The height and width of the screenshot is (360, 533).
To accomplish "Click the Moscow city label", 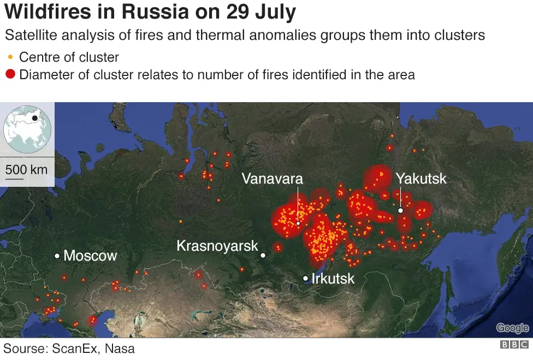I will pos(90,256).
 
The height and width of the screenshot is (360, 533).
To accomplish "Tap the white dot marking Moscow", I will pos(57,256).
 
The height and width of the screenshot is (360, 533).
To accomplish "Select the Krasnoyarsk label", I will pos(217,246).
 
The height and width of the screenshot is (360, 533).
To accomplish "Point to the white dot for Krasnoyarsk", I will pos(263,255).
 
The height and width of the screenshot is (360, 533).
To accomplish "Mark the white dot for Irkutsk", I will pos(306,279).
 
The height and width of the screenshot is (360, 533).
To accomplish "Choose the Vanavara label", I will pos(273,179).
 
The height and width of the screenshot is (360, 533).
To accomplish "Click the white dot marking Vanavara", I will pos(298,223).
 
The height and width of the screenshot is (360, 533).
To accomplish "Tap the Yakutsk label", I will pos(421,179).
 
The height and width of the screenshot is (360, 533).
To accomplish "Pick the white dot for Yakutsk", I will pos(400,210).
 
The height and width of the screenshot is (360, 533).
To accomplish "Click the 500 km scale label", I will pos(26,169).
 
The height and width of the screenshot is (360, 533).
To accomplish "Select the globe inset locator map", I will pos(27,129).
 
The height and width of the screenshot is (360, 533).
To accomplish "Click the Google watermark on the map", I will pos(512,328).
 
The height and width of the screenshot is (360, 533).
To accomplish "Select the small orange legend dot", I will pos(10,57).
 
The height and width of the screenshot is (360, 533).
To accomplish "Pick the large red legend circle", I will pos(10,74).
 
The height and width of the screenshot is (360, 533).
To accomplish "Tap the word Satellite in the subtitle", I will pos(33,36).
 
